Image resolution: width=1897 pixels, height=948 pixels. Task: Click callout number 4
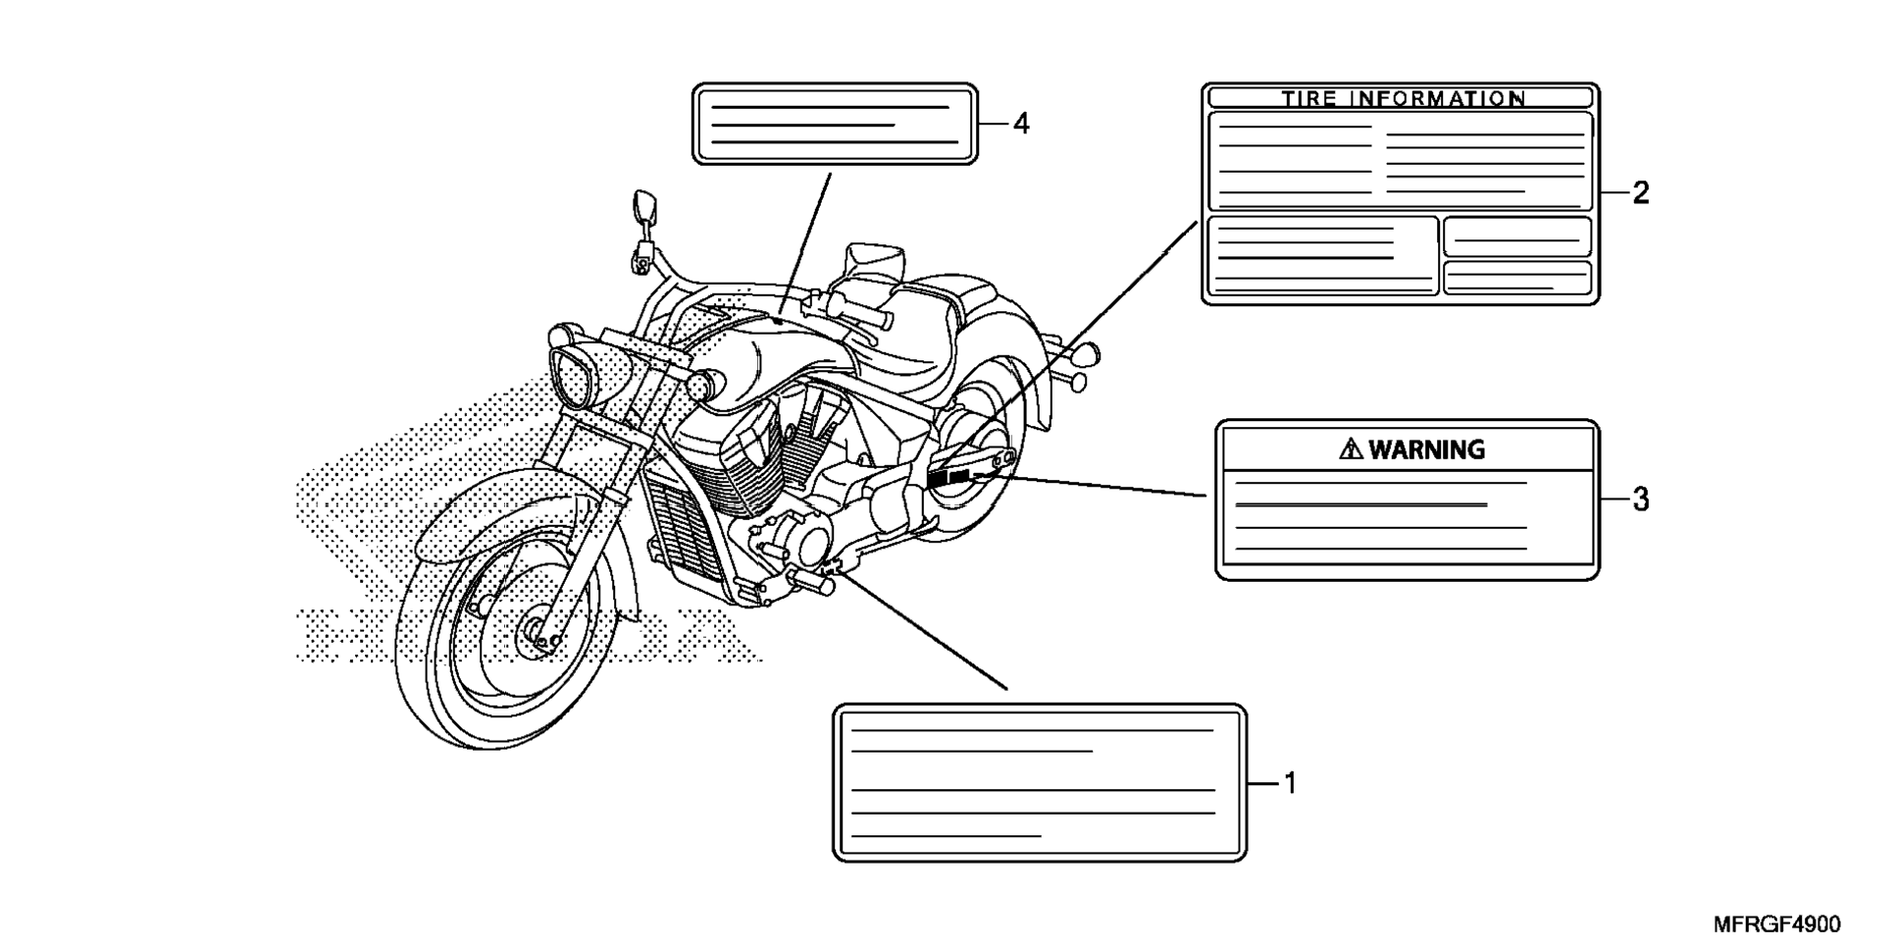(1021, 125)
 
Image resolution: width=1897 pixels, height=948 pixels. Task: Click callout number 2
(1641, 193)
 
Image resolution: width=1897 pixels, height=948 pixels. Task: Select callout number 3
(1641, 500)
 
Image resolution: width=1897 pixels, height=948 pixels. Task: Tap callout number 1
(1291, 783)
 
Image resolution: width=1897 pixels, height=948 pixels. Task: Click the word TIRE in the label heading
(1310, 98)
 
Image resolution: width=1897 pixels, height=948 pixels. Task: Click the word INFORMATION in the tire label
(1438, 98)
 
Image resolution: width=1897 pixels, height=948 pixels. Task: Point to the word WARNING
(1426, 449)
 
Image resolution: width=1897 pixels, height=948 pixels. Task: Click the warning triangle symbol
(1352, 449)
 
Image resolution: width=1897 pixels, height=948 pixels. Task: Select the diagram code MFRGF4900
(1777, 924)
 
